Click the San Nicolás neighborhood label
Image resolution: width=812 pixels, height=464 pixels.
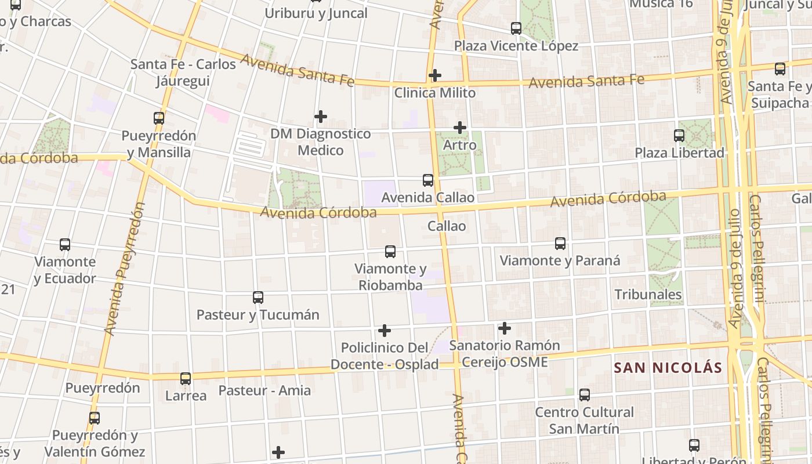[x=668, y=368]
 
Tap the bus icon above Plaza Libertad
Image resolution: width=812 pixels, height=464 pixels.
[x=679, y=136]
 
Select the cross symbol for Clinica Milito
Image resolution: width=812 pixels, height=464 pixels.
[x=435, y=75]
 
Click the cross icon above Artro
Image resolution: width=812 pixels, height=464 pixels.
[x=460, y=128]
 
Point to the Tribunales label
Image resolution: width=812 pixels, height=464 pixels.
[x=648, y=295]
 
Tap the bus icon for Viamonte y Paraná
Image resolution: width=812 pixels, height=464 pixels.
[x=560, y=244]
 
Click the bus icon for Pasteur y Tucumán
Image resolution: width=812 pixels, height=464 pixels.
[x=258, y=298]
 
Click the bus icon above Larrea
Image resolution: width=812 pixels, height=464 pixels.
[x=186, y=379]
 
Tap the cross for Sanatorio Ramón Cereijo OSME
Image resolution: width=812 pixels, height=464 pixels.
[x=505, y=328]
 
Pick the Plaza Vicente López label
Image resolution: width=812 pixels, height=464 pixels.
[x=516, y=46]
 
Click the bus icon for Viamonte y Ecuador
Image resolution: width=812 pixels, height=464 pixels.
[x=65, y=245]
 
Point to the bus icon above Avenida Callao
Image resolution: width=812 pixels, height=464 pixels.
[x=428, y=180]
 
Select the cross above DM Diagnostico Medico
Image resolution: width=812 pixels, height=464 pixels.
[x=320, y=117]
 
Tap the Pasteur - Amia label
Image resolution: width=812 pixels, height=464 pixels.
[x=264, y=390]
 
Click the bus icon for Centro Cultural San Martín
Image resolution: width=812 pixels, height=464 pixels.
[x=585, y=395]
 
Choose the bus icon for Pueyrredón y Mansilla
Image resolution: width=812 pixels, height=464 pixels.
[x=159, y=118]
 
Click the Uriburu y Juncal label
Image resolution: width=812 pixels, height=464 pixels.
[x=316, y=13]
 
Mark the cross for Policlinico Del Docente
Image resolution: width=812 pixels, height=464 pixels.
[x=385, y=331]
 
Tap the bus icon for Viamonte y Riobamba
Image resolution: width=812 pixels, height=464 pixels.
[x=390, y=252]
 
